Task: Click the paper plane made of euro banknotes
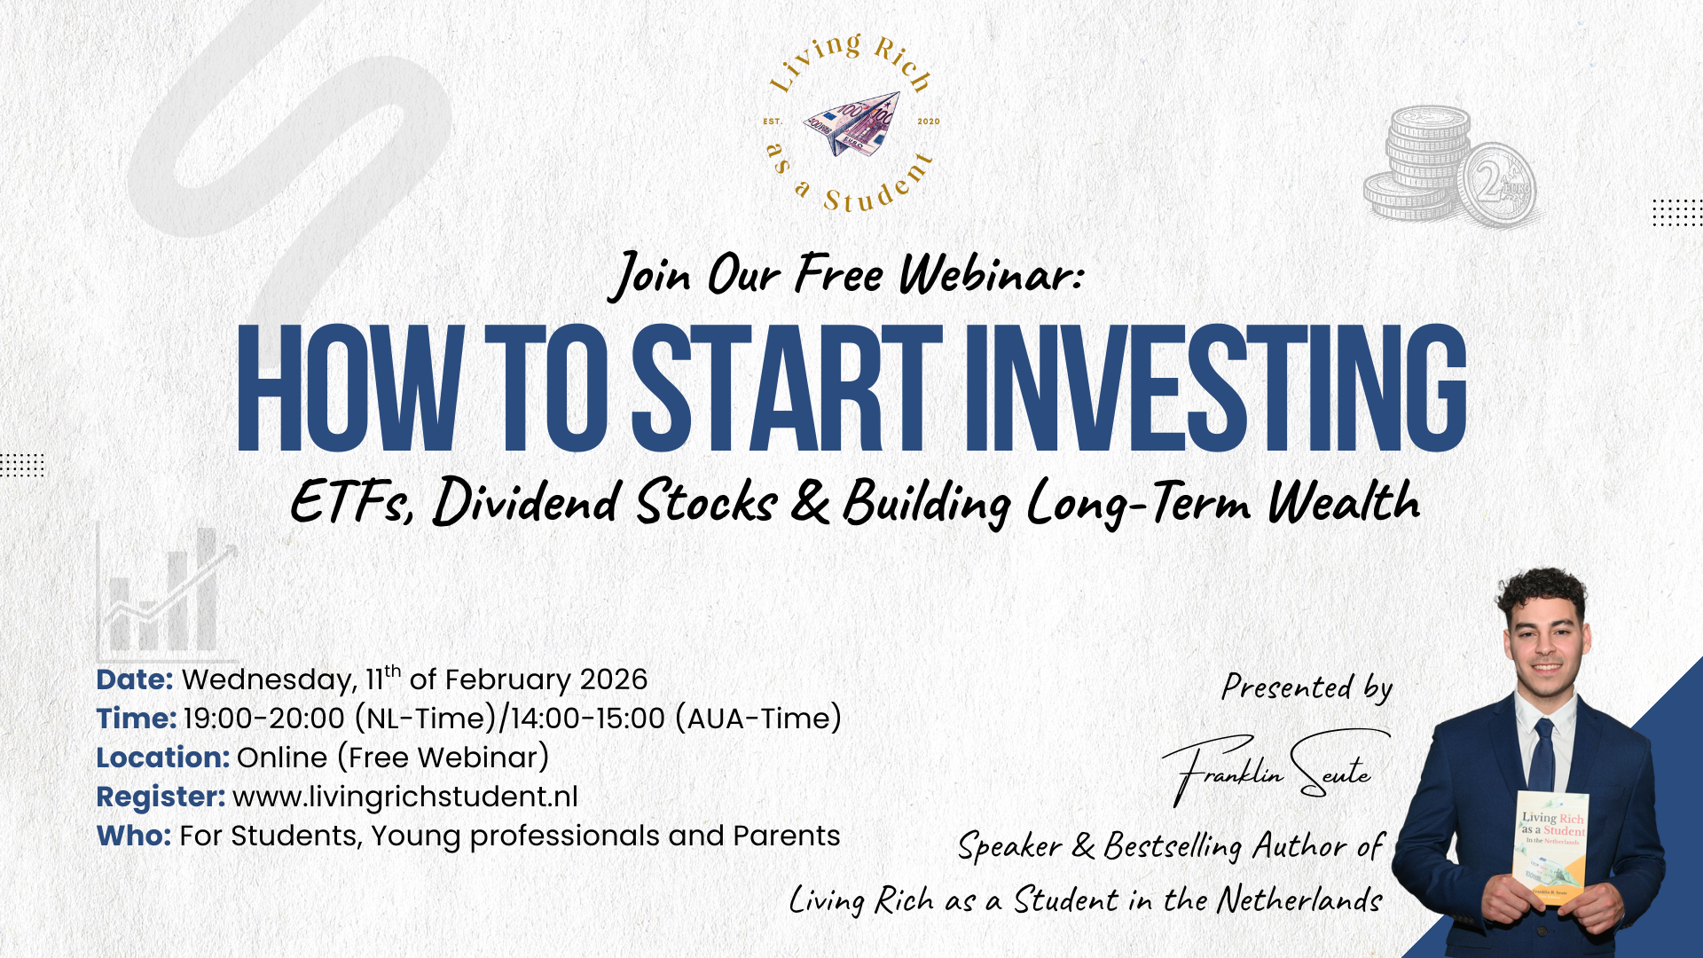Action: [x=851, y=122]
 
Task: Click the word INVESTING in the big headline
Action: [x=1215, y=388]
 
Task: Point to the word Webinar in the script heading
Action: [x=992, y=274]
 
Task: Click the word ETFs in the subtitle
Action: [x=352, y=501]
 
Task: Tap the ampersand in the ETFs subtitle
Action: [x=809, y=501]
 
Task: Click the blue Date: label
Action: [x=135, y=679]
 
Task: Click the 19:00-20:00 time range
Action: [x=263, y=718]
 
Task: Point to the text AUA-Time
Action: [x=758, y=718]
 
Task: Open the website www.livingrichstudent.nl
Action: [x=405, y=797]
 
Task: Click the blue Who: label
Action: [x=133, y=836]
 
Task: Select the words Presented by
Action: [x=1307, y=687]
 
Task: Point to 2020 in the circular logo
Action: [x=929, y=122]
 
